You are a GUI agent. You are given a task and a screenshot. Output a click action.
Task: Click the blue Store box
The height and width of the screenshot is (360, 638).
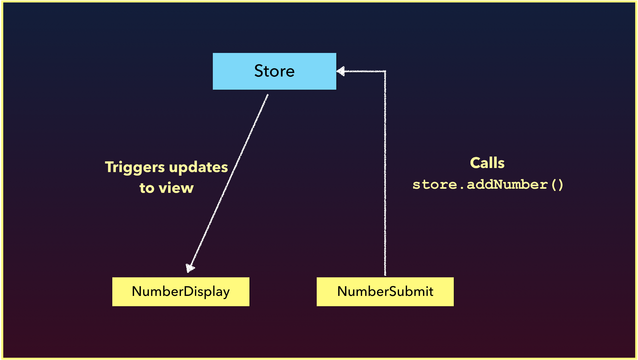(274, 71)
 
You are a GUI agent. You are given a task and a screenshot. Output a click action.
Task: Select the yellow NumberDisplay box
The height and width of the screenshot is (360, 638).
(181, 291)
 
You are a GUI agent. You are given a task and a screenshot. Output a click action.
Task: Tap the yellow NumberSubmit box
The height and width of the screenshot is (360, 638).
(385, 291)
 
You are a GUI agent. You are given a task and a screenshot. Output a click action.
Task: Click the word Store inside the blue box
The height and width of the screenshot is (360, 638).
(274, 71)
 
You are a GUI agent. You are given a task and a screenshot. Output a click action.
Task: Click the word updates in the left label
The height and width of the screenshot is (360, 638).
(198, 167)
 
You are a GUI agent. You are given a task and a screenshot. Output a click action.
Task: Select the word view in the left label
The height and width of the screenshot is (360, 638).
(176, 188)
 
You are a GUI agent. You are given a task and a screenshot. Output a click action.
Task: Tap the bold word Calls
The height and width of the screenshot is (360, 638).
(487, 163)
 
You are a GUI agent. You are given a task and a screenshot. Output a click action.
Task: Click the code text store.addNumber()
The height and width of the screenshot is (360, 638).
(488, 184)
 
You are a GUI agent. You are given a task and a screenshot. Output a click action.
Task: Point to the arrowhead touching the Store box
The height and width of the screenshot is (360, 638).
(341, 71)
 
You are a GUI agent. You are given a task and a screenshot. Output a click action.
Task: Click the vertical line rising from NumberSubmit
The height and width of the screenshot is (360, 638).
(385, 173)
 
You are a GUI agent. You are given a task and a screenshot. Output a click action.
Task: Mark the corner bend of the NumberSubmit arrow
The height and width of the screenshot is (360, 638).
(385, 71)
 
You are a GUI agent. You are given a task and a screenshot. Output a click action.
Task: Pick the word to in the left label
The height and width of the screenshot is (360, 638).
(147, 188)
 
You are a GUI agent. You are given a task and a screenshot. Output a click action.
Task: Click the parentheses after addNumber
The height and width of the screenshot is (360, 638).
(557, 185)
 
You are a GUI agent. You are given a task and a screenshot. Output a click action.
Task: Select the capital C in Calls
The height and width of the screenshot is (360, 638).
(475, 163)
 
